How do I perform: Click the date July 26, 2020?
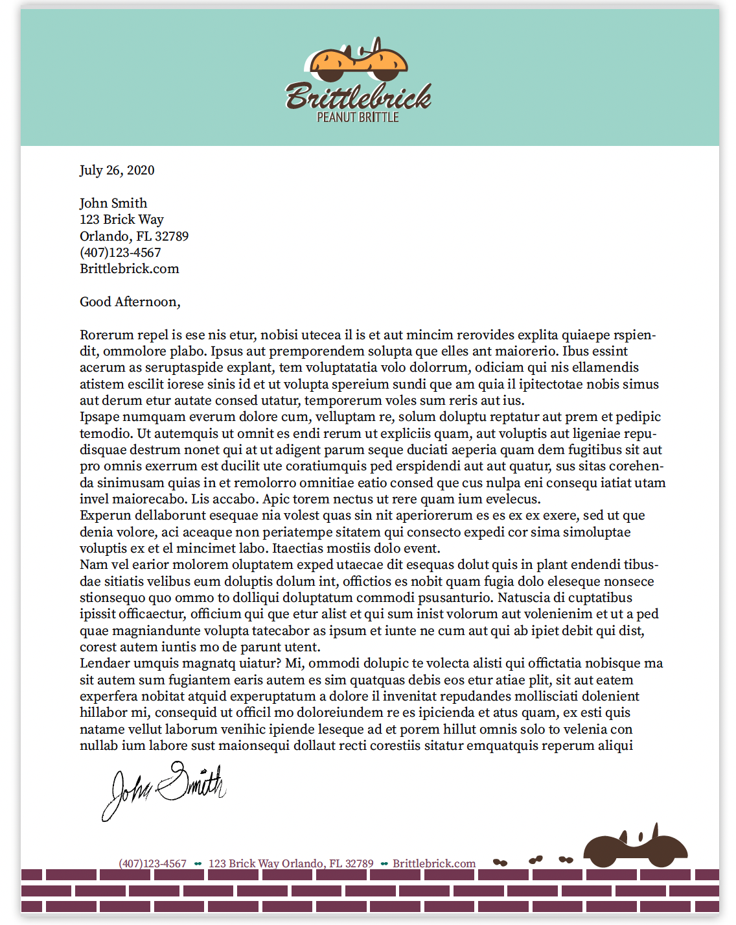(x=117, y=171)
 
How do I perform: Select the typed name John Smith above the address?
(x=113, y=203)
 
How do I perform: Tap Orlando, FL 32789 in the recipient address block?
(x=134, y=236)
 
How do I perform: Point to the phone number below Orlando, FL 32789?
(x=120, y=252)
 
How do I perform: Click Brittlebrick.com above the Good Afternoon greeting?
(x=129, y=269)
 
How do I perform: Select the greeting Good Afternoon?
(x=130, y=302)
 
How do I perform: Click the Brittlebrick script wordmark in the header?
(x=358, y=97)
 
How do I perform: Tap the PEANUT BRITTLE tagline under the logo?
(x=358, y=117)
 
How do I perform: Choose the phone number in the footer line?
(x=152, y=864)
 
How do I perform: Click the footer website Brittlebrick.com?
(x=434, y=864)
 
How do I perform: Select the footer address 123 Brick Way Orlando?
(x=291, y=864)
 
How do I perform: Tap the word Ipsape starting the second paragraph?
(x=99, y=417)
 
